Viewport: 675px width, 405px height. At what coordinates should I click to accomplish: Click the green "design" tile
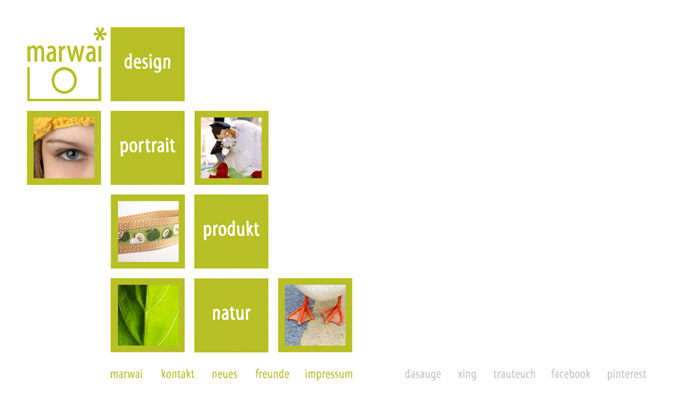coord(148,64)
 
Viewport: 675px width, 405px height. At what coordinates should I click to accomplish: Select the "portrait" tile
coord(148,148)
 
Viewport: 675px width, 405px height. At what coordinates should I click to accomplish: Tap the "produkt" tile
coord(231,231)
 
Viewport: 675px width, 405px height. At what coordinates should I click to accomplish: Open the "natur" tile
coord(231,315)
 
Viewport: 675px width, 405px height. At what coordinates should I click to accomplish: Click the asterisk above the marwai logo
coord(100,34)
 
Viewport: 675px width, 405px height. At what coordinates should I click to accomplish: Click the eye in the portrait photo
coord(72,154)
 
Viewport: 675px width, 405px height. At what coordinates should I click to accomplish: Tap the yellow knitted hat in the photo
coord(60,126)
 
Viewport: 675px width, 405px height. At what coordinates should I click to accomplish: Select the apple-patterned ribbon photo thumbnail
coord(148,231)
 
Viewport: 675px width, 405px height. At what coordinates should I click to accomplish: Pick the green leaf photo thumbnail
coord(148,315)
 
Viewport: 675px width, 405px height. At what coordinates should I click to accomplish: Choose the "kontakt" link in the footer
coord(178,374)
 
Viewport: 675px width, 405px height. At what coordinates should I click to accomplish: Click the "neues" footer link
coord(225,374)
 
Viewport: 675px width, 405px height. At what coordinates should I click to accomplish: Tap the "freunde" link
coord(272,373)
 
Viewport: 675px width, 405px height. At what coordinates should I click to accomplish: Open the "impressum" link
coord(329,375)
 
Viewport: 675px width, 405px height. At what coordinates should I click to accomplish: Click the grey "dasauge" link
coord(423,375)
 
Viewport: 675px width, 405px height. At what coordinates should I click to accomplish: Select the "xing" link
coord(467,375)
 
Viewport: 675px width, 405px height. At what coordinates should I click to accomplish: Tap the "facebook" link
coord(570,373)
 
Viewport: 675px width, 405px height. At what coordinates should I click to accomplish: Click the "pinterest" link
coord(626,375)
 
